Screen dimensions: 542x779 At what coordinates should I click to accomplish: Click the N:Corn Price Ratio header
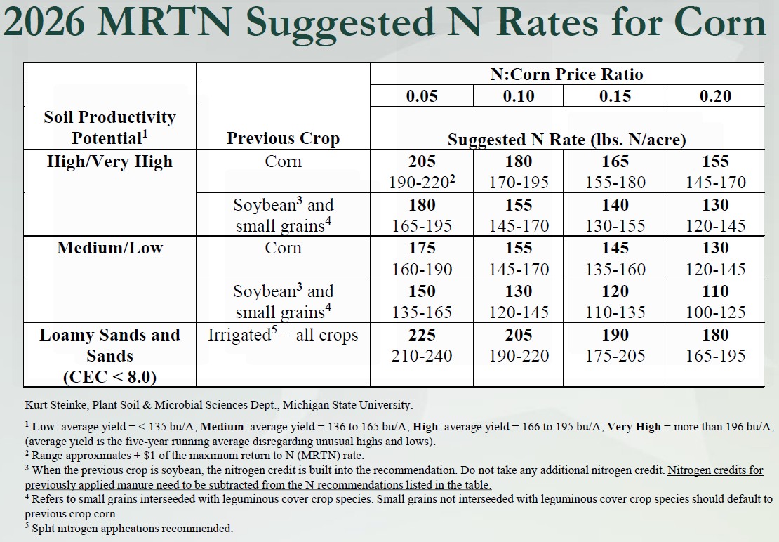point(566,74)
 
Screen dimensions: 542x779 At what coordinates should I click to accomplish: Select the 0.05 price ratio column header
point(422,96)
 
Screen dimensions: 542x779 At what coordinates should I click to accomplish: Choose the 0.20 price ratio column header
point(714,96)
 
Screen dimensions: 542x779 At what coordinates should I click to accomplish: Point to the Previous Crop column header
point(283,138)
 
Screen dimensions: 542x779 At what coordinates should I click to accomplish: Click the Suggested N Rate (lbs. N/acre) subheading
point(566,139)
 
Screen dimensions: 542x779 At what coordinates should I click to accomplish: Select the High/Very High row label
point(109,161)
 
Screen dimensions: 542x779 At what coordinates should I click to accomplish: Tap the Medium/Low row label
point(109,248)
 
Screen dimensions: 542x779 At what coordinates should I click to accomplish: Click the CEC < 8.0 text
point(109,377)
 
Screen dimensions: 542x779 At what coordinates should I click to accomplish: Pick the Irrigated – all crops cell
point(283,335)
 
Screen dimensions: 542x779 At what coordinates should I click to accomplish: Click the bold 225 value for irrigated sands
point(422,335)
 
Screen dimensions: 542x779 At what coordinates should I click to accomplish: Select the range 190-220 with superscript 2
point(422,183)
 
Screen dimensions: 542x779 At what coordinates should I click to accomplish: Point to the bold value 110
point(714,291)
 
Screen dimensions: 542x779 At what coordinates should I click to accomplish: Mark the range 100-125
point(714,312)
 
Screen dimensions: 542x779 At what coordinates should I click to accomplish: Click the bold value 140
point(615,205)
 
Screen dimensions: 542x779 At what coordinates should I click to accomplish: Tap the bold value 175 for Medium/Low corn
point(422,248)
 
